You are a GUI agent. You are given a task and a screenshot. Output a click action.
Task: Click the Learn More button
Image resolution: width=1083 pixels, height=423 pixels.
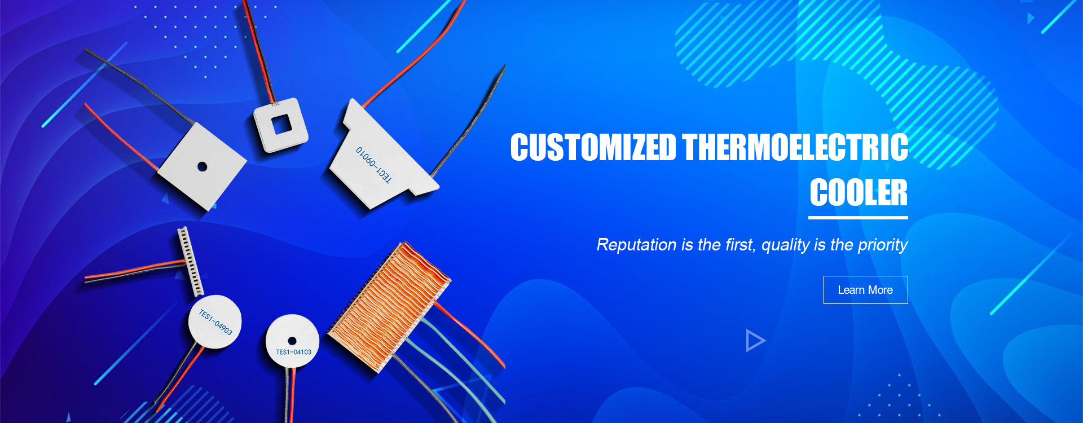click(x=865, y=290)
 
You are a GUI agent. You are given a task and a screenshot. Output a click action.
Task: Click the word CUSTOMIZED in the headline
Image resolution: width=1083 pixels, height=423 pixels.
click(x=593, y=148)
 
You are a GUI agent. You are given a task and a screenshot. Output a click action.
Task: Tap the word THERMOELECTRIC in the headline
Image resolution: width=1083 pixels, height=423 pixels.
click(x=795, y=148)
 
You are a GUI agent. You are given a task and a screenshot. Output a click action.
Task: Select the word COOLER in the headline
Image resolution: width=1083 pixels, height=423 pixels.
click(x=859, y=193)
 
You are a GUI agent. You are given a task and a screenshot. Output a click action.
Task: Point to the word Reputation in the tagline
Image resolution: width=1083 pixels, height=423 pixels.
click(x=636, y=245)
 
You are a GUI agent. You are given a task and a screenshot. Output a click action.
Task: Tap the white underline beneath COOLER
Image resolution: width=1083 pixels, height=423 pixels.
click(x=858, y=217)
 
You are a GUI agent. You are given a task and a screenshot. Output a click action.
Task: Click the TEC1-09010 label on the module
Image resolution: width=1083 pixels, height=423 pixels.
click(x=373, y=165)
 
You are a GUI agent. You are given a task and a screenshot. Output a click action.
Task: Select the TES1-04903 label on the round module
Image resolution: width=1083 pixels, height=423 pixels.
click(x=215, y=322)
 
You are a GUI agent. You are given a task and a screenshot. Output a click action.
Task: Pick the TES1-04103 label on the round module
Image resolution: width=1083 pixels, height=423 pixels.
click(x=293, y=352)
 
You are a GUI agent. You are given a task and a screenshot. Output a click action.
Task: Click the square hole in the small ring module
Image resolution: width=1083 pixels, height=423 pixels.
click(x=280, y=125)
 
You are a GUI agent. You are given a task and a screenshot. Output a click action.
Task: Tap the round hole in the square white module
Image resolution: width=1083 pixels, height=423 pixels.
click(x=202, y=166)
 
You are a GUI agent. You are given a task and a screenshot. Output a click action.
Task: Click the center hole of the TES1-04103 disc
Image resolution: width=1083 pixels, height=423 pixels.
click(x=292, y=341)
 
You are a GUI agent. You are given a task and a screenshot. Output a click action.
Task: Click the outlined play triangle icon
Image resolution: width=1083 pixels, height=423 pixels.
click(x=755, y=341)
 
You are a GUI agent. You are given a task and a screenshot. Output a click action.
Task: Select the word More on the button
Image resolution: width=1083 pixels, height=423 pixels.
click(x=881, y=290)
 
